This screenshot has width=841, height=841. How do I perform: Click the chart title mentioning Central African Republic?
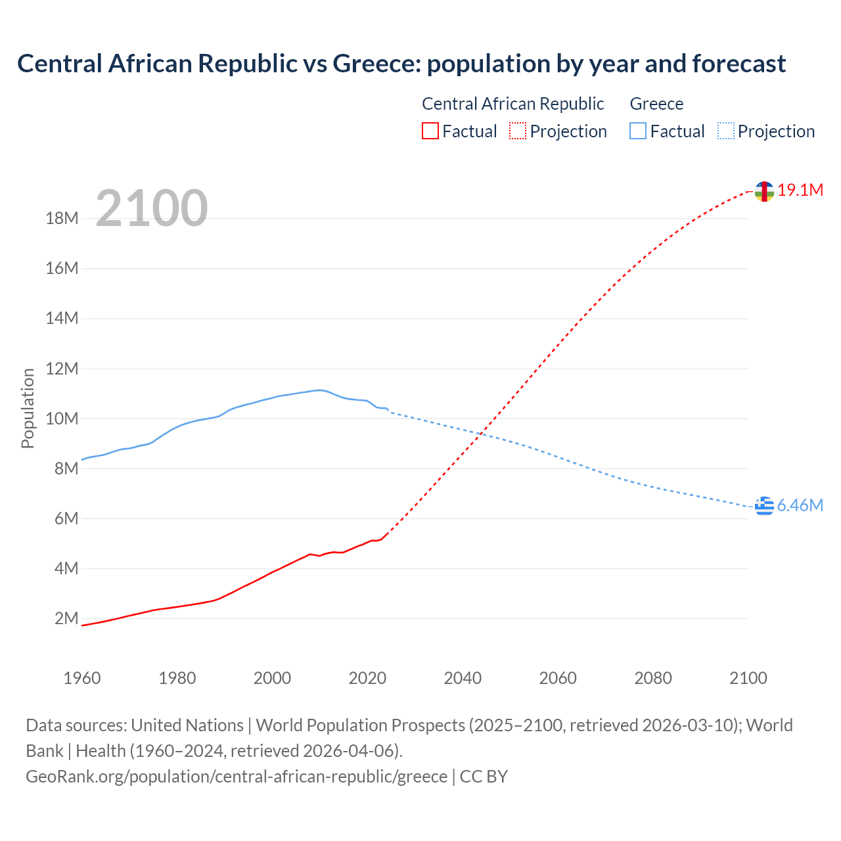pyautogui.click(x=401, y=64)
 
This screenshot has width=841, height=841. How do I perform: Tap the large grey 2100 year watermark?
pyautogui.click(x=152, y=208)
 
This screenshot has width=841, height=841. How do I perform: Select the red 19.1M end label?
pyautogui.click(x=800, y=190)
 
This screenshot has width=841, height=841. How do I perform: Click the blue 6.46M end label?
pyautogui.click(x=800, y=505)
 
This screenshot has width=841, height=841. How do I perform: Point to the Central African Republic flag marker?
pyautogui.click(x=764, y=191)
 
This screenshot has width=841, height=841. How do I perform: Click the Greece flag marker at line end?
pyautogui.click(x=764, y=506)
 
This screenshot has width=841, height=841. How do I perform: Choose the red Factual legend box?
pyautogui.click(x=430, y=131)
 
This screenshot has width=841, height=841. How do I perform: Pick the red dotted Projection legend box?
pyautogui.click(x=518, y=131)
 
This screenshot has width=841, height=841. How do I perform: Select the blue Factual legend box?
pyautogui.click(x=638, y=131)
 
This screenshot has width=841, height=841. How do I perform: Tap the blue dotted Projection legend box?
pyautogui.click(x=725, y=131)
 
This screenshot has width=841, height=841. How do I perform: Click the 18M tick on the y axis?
pyautogui.click(x=62, y=218)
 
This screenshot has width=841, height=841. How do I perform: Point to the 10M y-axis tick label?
pyautogui.click(x=62, y=419)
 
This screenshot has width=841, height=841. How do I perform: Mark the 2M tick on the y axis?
pyautogui.click(x=66, y=618)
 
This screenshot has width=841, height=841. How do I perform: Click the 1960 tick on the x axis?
pyautogui.click(x=82, y=678)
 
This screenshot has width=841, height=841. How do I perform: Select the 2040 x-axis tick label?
pyautogui.click(x=463, y=678)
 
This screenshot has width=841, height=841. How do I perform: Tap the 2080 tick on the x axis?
pyautogui.click(x=653, y=678)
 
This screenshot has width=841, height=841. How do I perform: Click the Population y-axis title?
pyautogui.click(x=28, y=408)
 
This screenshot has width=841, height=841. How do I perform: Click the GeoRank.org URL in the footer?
pyautogui.click(x=237, y=776)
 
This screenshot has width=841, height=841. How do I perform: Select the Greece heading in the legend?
pyautogui.click(x=656, y=104)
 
